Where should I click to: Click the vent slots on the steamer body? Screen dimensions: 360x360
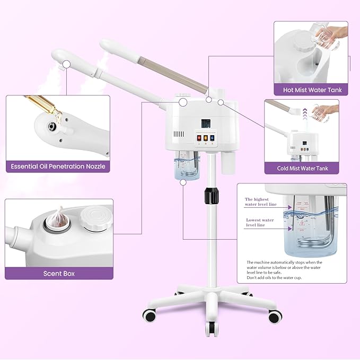[x=180, y=135]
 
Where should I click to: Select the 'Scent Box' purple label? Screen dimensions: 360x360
[x=59, y=274]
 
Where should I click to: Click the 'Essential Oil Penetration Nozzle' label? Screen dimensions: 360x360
[x=58, y=166]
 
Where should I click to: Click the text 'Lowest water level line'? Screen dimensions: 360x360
[x=260, y=222]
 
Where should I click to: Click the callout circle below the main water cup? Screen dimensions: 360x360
[x=183, y=182]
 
